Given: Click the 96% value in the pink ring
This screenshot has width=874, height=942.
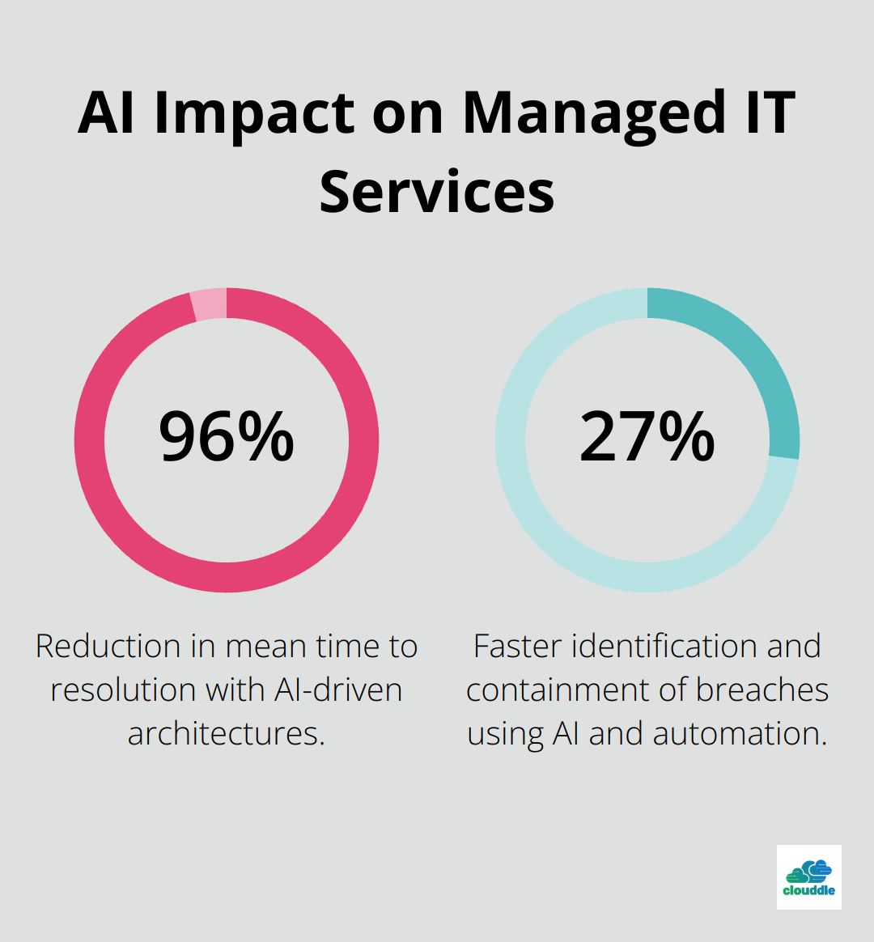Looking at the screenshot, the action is pos(227,437).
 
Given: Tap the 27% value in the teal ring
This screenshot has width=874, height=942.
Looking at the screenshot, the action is pos(647,437).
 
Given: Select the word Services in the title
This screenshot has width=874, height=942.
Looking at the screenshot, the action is pos(437,192).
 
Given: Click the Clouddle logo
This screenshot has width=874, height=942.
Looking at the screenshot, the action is pos(808,876).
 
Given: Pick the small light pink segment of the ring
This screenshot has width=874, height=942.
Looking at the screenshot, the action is pos(209,304).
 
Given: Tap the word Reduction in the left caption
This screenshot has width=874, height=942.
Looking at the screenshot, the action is pos(108,647).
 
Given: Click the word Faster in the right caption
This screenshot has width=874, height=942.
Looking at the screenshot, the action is pos(517,647).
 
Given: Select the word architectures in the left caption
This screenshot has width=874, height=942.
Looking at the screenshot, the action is pos(227,733).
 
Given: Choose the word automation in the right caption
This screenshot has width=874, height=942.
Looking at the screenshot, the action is pos(740,733).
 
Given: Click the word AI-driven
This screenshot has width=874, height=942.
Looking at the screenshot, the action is pos(338,690).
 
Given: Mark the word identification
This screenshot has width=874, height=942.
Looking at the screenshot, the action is pos(664,647).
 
